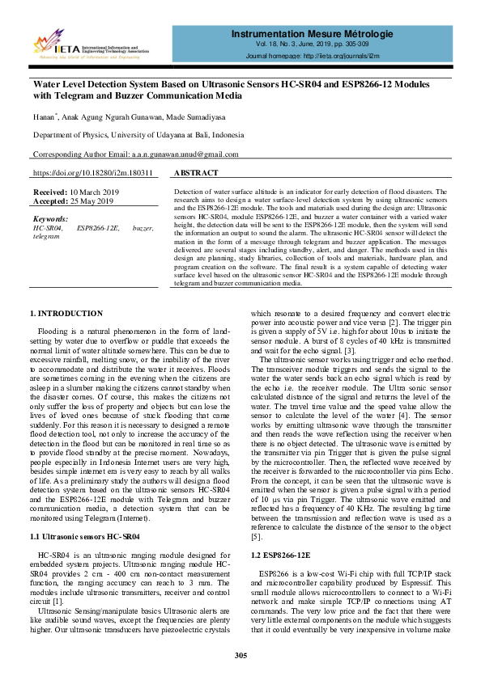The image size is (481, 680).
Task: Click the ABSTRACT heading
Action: (x=196, y=174)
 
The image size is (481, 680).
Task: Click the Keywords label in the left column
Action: (x=50, y=219)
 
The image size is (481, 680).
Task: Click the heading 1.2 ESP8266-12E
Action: (x=280, y=556)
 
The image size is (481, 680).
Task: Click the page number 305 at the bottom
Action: (x=240, y=656)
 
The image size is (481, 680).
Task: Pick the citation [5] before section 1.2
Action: (x=257, y=536)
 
